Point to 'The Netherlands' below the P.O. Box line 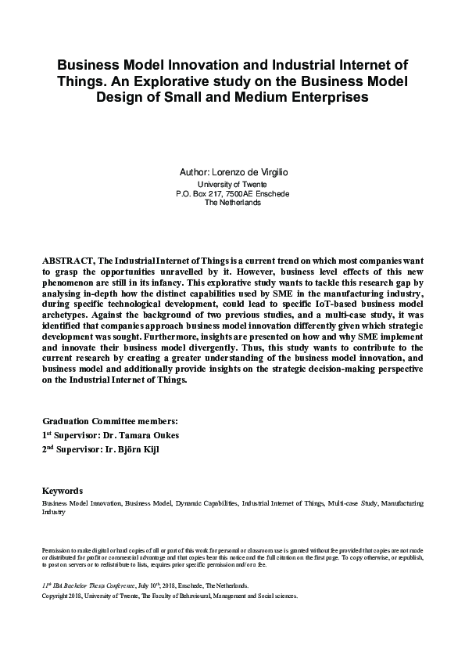(233, 202)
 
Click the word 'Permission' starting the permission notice (56, 549)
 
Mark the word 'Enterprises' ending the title (322, 98)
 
